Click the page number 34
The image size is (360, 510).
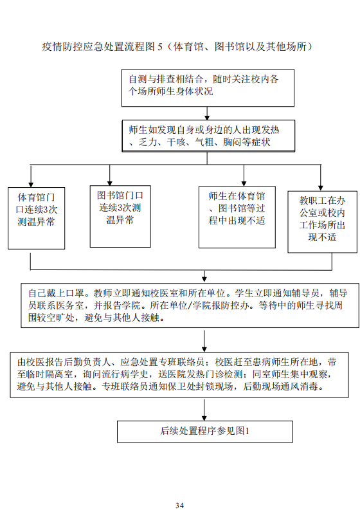[179, 505]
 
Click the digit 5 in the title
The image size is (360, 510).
[159, 47]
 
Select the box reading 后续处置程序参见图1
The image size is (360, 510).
[205, 432]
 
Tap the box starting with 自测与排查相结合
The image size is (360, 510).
[208, 88]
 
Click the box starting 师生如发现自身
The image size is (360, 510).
[208, 136]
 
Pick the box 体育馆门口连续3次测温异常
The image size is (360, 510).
[37, 218]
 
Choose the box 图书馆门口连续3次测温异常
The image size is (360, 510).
[120, 216]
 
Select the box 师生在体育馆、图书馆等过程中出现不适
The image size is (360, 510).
[237, 217]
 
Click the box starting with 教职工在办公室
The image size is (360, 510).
[322, 222]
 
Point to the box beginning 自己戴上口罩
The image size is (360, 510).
[190, 305]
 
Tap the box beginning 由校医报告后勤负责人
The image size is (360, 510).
[179, 375]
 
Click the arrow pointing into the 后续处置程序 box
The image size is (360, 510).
[204, 409]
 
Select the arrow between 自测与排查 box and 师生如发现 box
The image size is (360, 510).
[207, 114]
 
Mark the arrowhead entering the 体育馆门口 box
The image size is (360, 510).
[31, 185]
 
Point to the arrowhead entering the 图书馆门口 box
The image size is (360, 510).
[109, 183]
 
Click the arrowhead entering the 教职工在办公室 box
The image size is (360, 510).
[321, 188]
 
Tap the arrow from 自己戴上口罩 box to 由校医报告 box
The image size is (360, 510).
[204, 342]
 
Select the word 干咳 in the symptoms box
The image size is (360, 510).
[176, 143]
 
